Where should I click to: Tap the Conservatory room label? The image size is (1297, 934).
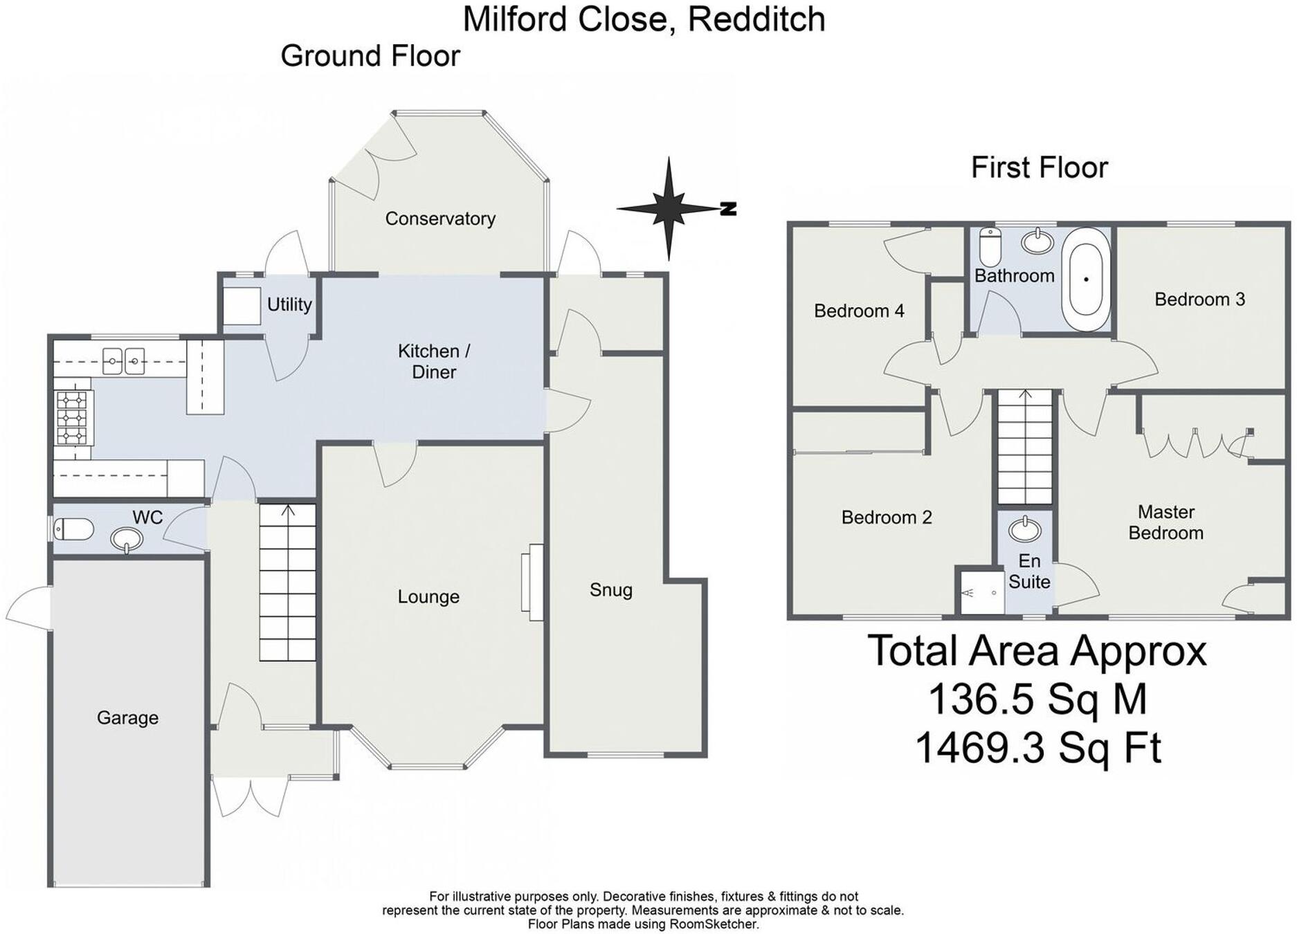click(440, 219)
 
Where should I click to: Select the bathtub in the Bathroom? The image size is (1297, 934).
click(1086, 280)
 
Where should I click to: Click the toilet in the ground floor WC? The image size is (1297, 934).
click(74, 530)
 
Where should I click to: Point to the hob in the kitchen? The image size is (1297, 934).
click(73, 417)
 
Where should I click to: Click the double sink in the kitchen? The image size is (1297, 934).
click(124, 360)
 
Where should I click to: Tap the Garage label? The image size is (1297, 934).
click(127, 718)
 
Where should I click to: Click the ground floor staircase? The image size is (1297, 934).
click(288, 582)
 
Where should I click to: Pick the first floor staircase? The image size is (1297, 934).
click(1024, 446)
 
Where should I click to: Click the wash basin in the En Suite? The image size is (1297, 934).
click(1024, 530)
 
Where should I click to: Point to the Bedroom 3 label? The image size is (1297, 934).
click(1199, 300)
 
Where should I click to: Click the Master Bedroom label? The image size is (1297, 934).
click(1166, 522)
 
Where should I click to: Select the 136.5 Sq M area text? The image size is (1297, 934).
click(1037, 699)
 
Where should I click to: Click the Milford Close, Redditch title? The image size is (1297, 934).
click(644, 19)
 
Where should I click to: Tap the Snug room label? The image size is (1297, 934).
click(610, 590)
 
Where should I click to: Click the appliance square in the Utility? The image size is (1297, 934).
click(242, 306)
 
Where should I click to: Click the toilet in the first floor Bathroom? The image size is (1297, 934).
click(990, 246)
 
